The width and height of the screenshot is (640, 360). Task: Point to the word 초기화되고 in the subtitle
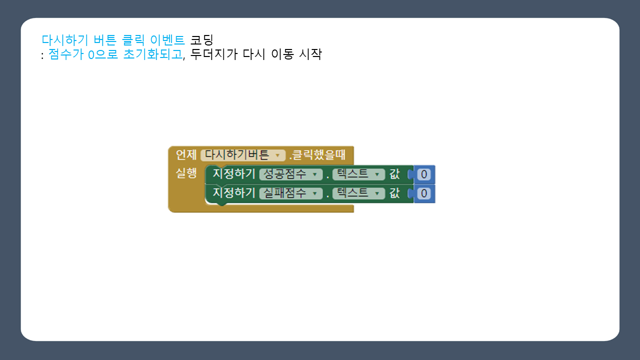[152, 54]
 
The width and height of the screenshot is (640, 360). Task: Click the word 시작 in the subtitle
[310, 54]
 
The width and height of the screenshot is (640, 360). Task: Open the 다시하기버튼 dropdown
[243, 155]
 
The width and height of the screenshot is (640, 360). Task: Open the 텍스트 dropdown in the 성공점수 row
[358, 174]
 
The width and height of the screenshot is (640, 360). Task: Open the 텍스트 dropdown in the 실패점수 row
[358, 193]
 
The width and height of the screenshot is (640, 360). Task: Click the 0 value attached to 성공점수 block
[424, 174]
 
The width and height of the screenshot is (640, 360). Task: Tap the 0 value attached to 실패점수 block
[424, 193]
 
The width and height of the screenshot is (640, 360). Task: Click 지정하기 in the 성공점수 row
[234, 174]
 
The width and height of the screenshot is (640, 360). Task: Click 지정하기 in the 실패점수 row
[234, 193]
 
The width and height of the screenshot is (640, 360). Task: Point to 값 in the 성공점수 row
[394, 174]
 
